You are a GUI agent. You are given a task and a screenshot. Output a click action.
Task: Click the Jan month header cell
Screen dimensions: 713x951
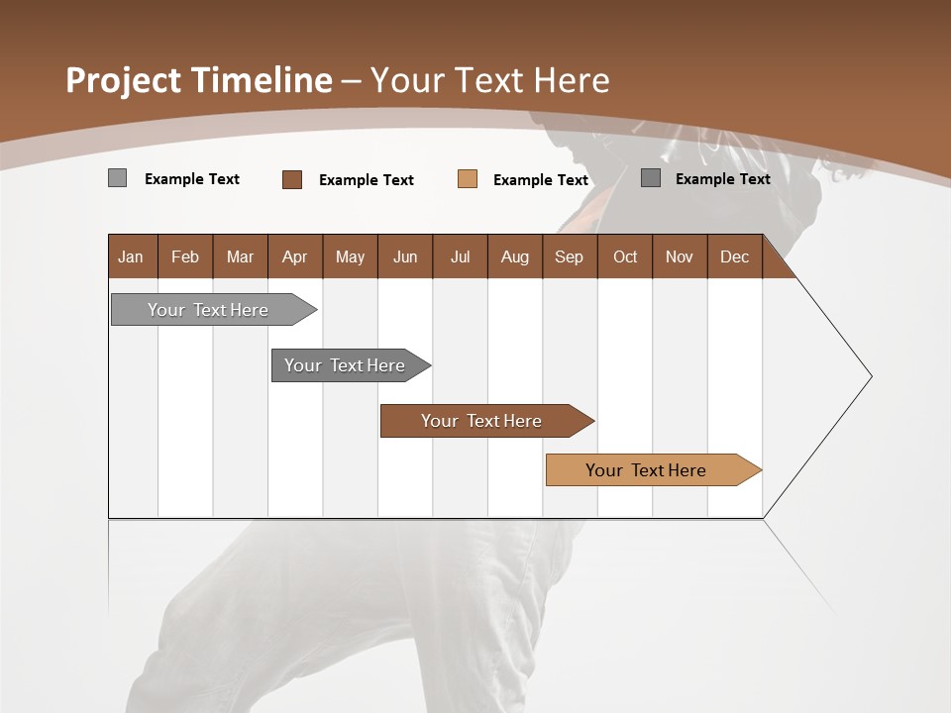tap(132, 256)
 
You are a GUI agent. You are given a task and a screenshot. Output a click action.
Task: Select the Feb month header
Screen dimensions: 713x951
tap(185, 256)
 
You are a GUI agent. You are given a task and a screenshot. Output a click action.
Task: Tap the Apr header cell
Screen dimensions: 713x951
tap(294, 256)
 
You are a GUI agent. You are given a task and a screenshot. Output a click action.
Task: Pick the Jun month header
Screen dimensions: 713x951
tap(404, 256)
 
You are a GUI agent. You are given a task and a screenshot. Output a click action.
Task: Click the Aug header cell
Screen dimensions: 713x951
tap(514, 256)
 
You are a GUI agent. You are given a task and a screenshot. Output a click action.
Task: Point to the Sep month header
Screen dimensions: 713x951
tap(569, 256)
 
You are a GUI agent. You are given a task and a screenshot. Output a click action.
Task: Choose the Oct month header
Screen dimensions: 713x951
tap(624, 256)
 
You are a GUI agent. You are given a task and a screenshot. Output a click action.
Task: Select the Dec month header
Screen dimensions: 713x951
tap(734, 256)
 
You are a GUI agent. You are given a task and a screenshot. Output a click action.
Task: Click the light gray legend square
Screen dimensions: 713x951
tap(117, 178)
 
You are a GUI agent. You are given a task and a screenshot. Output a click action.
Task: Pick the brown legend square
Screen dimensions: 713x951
tap(291, 179)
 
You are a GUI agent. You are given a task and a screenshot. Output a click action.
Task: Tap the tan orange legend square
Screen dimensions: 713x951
tap(468, 179)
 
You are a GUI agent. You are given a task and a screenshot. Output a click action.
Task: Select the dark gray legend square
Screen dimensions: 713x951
tap(650, 178)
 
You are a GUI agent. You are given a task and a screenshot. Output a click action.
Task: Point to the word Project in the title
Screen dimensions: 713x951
tap(125, 80)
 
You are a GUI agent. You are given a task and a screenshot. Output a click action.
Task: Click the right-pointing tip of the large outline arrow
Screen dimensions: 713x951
tap(870, 376)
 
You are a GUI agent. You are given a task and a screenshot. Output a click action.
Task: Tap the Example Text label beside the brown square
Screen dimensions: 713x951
tap(366, 180)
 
